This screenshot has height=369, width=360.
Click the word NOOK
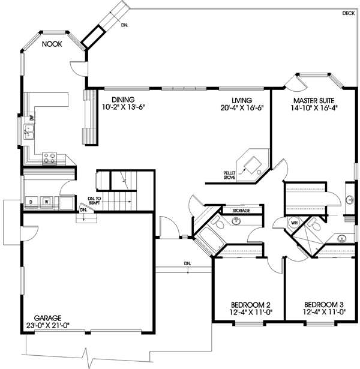coord(52,44)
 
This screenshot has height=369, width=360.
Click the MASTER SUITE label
coord(313,100)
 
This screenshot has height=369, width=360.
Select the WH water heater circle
coord(294,223)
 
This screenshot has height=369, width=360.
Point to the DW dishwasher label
coord(28,118)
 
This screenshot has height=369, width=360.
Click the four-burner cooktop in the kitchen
coord(49,158)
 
